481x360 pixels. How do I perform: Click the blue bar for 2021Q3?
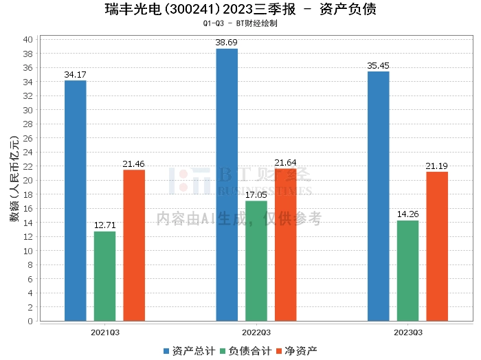pyautogui.click(x=76, y=201)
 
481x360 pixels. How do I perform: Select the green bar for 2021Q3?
pyautogui.click(x=105, y=276)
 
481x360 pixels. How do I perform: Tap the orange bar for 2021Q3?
pyautogui.click(x=134, y=245)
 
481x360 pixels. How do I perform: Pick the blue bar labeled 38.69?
pyautogui.click(x=227, y=185)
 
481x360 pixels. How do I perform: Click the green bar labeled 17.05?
pyautogui.click(x=256, y=261)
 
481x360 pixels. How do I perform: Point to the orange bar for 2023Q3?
pyautogui.click(x=437, y=247)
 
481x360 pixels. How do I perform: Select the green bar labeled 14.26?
pyautogui.click(x=407, y=271)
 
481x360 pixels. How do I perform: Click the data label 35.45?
pyautogui.click(x=378, y=66)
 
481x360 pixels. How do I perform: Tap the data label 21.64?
pyautogui.click(x=285, y=163)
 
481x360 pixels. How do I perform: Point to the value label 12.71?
pyautogui.click(x=105, y=225)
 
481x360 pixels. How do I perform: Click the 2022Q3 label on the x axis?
pyautogui.click(x=256, y=333)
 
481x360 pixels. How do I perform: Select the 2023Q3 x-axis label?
pyautogui.click(x=408, y=333)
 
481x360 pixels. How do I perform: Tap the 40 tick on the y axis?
pyautogui.click(x=27, y=40)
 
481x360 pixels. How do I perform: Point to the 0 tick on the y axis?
pyautogui.click(x=30, y=321)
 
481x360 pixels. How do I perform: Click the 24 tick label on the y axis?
pyautogui.click(x=27, y=152)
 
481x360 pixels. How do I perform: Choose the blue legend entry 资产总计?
pyautogui.click(x=190, y=351)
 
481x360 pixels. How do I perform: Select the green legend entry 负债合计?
pyautogui.click(x=246, y=351)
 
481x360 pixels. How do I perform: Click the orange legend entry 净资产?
pyautogui.click(x=297, y=351)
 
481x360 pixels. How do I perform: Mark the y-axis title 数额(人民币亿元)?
pyautogui.click(x=14, y=179)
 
